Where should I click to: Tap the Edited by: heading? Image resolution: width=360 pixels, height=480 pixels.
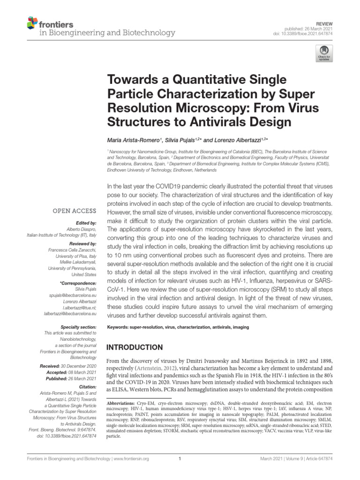coord(85,223)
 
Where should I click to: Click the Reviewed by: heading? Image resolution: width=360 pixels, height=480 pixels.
coord(82,243)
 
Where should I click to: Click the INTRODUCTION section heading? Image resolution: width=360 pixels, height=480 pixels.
coord(135,347)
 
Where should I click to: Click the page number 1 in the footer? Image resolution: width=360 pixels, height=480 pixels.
coord(180,459)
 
